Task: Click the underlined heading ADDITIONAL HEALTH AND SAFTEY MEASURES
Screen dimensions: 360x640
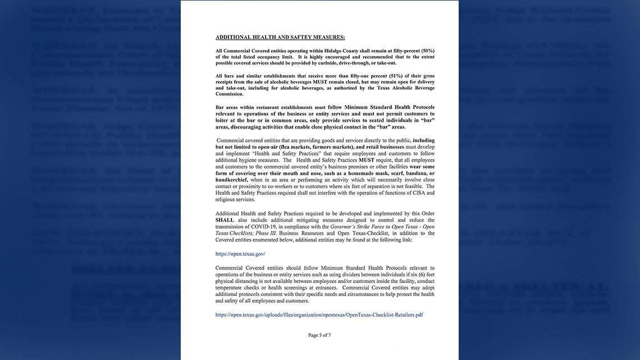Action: (280, 37)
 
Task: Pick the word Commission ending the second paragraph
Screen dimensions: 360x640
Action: (229, 94)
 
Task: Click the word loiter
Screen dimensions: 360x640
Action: (223, 120)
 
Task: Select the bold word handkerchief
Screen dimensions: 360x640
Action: (231, 180)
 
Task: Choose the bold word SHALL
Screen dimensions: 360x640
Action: (225, 220)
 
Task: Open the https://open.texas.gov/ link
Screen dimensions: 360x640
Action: (240, 254)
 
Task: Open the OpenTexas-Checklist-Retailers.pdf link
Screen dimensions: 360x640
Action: (319, 315)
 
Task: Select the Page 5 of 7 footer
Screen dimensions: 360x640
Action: (319, 335)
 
